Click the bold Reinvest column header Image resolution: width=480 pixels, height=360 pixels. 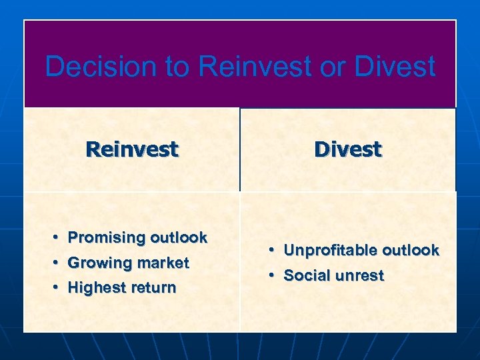132,149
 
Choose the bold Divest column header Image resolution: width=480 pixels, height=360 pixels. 348,149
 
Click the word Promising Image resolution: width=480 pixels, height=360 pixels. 107,238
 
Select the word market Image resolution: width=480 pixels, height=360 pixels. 163,263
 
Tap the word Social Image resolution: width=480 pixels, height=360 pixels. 306,276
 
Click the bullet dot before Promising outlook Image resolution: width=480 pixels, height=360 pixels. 57,238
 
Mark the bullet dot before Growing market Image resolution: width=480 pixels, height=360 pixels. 57,263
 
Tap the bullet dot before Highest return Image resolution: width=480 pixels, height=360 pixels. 57,288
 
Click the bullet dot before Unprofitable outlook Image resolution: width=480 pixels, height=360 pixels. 273,251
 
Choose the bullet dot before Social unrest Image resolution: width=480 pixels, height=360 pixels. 273,276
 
